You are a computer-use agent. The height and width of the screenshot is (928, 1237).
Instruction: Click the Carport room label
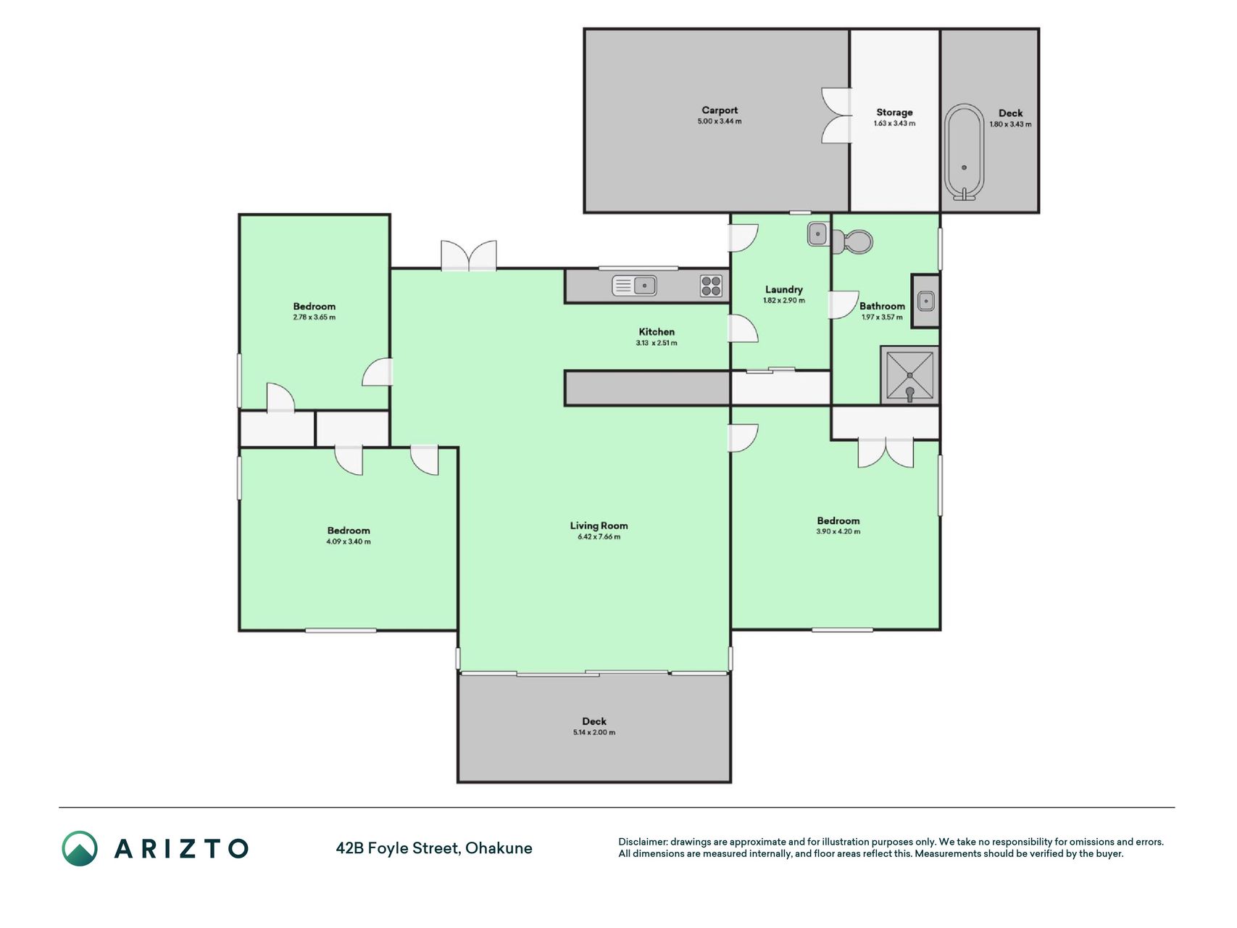720,110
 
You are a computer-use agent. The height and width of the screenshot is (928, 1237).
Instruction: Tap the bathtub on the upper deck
964,152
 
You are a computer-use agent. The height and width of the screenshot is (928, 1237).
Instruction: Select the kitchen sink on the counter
634,286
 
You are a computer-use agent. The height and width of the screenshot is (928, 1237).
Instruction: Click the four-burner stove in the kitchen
711,286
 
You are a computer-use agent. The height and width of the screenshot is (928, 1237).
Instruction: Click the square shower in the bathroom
909,375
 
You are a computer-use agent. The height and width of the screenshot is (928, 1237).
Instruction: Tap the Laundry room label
783,289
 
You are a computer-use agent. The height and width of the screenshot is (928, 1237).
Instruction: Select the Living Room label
599,526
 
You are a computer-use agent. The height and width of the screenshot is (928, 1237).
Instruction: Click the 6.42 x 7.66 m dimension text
599,537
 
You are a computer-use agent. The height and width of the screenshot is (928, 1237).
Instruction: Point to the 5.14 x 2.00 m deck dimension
594,732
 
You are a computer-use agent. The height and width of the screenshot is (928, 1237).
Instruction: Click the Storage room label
894,112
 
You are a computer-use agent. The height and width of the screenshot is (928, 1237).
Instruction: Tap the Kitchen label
657,332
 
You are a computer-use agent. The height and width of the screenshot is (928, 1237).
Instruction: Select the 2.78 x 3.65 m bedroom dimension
315,318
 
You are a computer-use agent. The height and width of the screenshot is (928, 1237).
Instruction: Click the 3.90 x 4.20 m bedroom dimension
838,531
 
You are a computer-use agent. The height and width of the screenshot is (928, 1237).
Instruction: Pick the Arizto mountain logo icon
80,848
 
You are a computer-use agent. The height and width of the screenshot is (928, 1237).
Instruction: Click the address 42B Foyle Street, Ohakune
434,848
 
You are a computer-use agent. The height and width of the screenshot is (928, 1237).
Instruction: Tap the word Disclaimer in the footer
642,842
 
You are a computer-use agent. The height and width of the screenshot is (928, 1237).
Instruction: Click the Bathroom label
882,306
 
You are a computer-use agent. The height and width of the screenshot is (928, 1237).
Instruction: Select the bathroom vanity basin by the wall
925,301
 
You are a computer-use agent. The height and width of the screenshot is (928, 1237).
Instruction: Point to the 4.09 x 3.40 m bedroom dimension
349,542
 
